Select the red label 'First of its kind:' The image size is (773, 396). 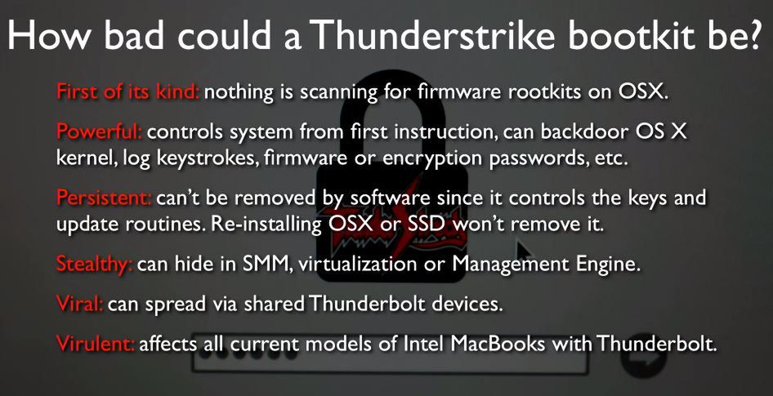click(127, 91)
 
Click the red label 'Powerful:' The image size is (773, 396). click(100, 131)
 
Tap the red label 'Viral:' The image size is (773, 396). click(80, 304)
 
